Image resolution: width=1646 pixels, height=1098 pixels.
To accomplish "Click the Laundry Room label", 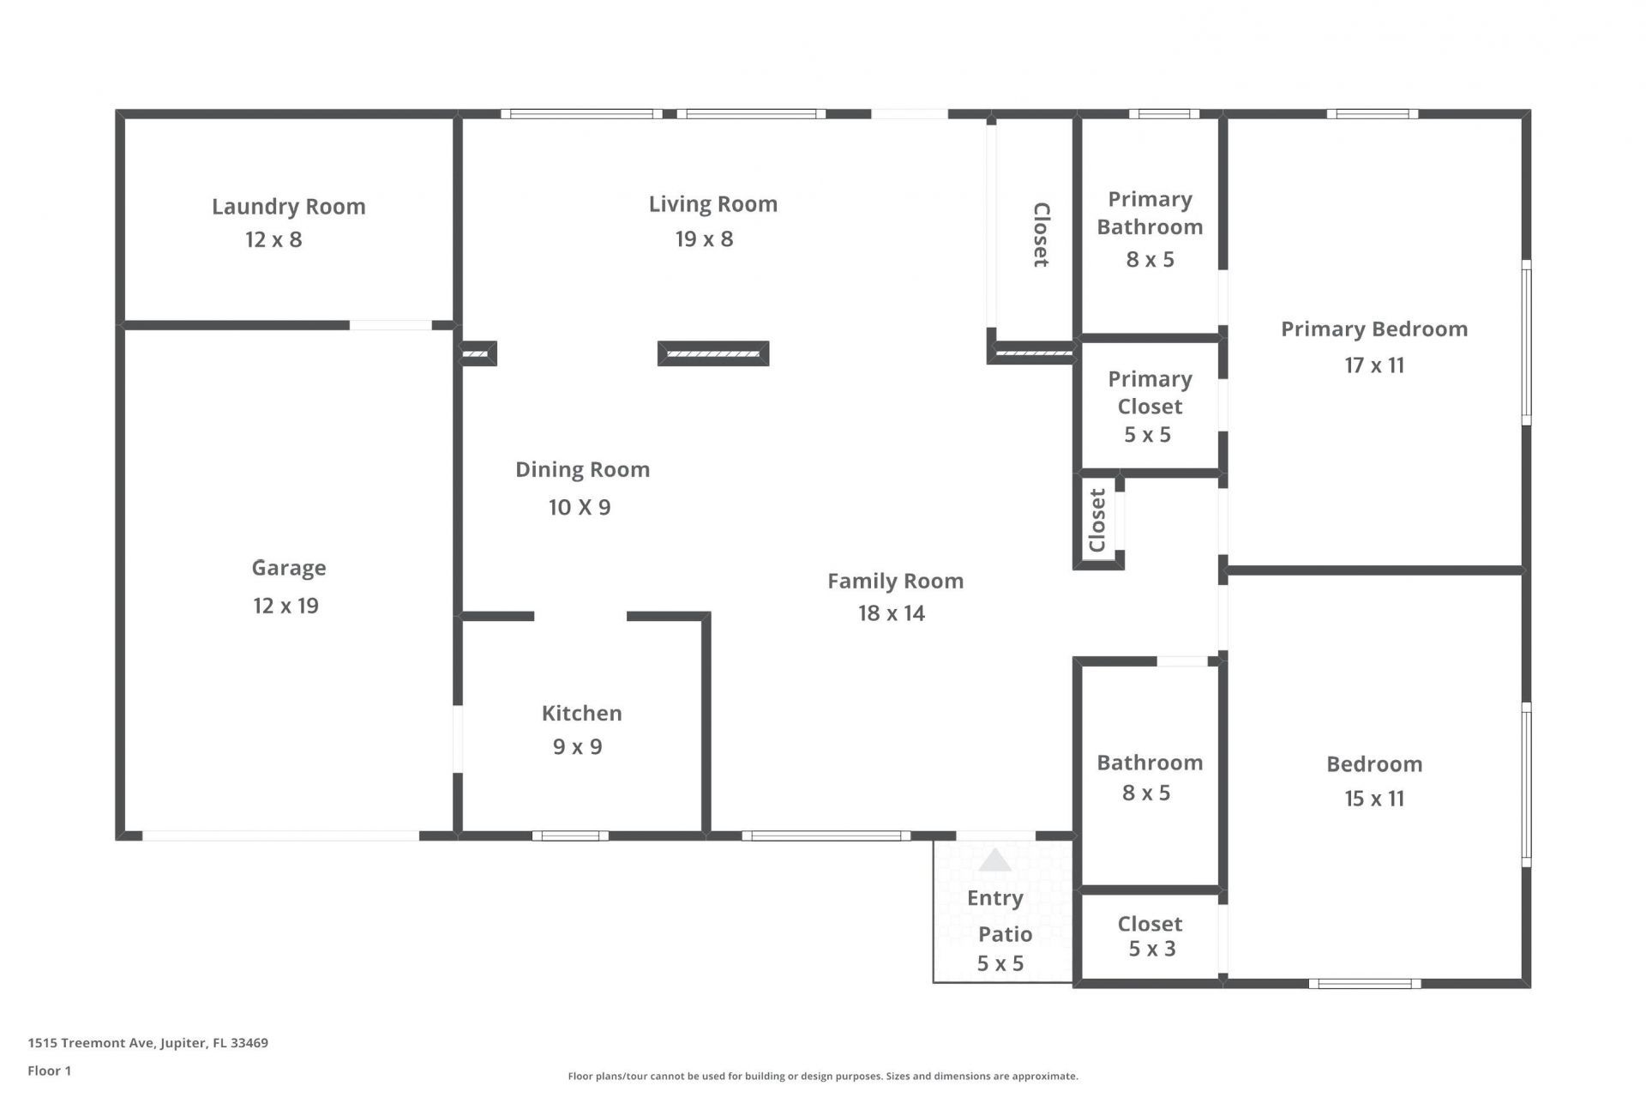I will pos(288,207).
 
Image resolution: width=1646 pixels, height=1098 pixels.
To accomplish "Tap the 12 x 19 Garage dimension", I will pos(285,606).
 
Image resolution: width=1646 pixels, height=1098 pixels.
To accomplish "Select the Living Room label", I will pos(712,204).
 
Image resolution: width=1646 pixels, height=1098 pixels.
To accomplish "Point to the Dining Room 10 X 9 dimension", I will pos(580,507).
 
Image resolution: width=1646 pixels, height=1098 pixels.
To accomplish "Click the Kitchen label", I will pos(581,713).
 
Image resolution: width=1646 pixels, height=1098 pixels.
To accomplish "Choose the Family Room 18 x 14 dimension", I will pos(892,613).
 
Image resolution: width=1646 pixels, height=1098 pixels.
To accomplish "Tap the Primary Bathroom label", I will pos(1150,213).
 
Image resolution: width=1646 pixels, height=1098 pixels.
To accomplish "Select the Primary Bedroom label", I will pos(1373,329).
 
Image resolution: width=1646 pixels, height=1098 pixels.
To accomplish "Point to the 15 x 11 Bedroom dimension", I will pos(1373,799).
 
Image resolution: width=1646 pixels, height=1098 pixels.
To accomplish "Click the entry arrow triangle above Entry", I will pos(994,860).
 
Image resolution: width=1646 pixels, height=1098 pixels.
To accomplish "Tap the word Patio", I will pos(1005,934).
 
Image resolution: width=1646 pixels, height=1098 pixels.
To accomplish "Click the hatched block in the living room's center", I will pos(712,353).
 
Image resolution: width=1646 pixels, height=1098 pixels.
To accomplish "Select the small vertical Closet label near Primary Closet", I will pos(1097,520).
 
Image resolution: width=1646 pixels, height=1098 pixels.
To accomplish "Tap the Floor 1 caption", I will pos(49,1071).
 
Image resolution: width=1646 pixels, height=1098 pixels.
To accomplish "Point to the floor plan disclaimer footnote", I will pos(822,1076).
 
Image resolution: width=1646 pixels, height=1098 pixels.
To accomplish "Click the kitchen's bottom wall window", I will pos(570,836).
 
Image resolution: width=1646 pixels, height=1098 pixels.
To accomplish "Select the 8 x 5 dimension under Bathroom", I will pos(1145,793).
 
